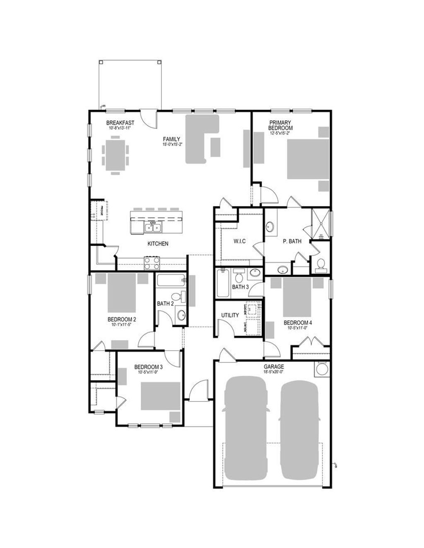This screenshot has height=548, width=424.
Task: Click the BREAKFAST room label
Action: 120,123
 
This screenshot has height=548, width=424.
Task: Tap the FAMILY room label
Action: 171,139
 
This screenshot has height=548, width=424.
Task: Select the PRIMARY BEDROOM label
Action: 281,125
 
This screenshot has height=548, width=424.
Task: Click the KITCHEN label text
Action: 158,244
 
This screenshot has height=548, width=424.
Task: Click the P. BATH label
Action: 292,241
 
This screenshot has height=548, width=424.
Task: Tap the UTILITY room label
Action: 230,315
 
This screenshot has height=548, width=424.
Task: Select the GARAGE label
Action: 274,367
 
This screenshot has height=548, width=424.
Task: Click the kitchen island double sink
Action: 153,227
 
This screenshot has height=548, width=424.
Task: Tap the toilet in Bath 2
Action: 177,297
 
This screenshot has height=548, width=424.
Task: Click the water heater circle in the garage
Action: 322,370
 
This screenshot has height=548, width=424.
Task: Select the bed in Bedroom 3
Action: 161,396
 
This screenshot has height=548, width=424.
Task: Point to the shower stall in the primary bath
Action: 321,224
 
